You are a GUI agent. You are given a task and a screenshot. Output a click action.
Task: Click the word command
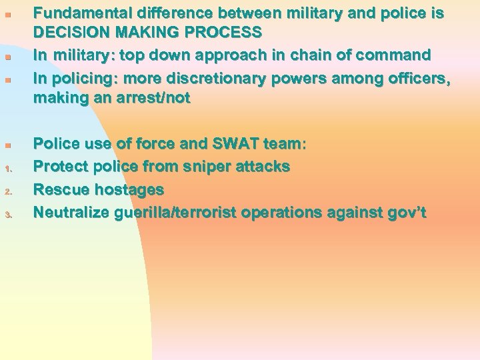pyautogui.click(x=393, y=55)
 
